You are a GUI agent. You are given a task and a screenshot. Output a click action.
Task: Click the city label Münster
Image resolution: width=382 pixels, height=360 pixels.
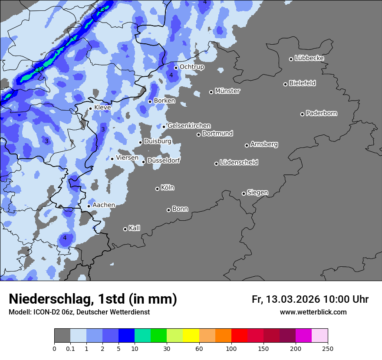click(227, 91)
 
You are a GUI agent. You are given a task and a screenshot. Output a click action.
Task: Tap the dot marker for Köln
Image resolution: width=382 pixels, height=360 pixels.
click(157, 189)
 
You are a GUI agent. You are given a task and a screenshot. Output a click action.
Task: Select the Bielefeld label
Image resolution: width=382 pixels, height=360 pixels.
click(302, 83)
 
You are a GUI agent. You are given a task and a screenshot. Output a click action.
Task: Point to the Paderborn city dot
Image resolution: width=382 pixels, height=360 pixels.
click(302, 114)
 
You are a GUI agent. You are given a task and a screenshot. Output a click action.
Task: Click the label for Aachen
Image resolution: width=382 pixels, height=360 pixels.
click(104, 205)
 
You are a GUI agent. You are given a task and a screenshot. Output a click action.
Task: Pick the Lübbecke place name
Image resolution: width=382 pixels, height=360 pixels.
click(309, 58)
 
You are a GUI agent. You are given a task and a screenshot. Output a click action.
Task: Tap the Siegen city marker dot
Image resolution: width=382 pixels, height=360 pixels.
click(244, 193)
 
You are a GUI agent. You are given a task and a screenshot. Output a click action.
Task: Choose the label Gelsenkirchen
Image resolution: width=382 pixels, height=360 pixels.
click(189, 126)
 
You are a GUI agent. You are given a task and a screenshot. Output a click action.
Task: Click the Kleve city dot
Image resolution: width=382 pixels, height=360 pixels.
click(90, 108)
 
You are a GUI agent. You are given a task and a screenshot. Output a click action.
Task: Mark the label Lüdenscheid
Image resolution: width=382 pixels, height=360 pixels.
click(239, 163)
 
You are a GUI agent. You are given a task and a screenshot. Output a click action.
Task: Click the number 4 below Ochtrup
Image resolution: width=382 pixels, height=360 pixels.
click(171, 75)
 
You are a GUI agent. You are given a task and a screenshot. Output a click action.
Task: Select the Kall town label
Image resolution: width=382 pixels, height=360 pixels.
click(135, 228)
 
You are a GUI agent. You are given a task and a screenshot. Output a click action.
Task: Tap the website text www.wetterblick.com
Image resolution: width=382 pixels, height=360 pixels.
click(313, 312)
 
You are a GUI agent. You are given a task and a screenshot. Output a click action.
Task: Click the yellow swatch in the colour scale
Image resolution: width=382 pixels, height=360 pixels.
click(191, 336)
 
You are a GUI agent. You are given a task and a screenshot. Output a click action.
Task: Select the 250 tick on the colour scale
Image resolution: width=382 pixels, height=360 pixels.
click(327, 348)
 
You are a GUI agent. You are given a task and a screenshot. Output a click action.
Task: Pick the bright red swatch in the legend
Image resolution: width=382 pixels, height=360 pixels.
click(239, 336)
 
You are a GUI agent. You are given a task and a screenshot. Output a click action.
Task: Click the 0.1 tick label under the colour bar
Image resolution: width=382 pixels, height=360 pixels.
click(70, 348)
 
